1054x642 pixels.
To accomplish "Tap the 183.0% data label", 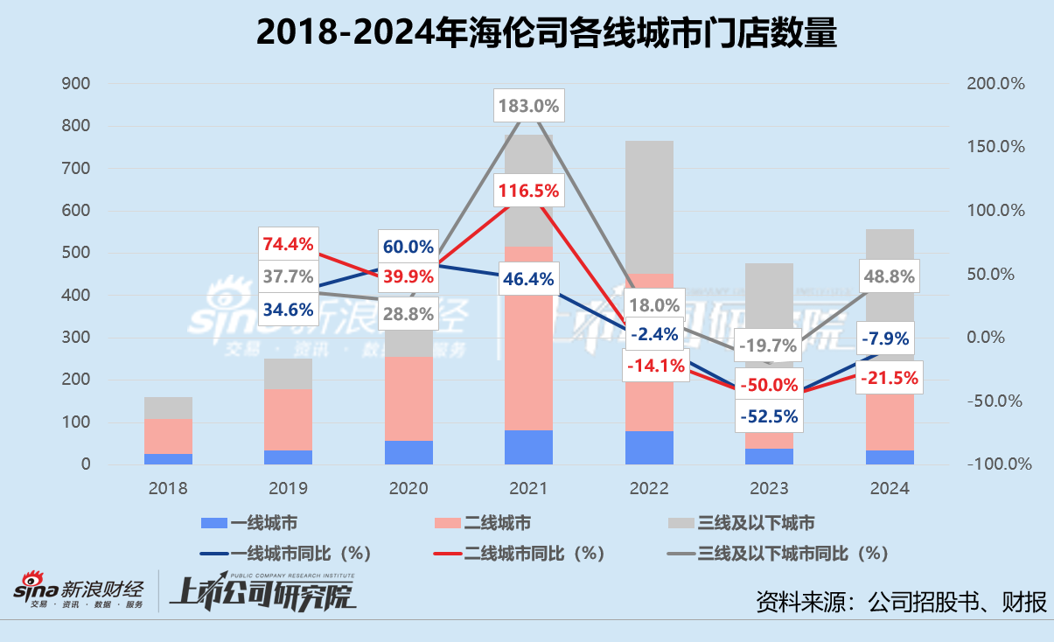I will tap(528, 106).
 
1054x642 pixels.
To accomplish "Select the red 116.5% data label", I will tap(528, 190).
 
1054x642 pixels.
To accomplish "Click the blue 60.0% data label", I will tap(407, 247).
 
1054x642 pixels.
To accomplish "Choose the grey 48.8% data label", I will tap(889, 277).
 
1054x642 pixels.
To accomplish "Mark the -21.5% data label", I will tap(889, 378).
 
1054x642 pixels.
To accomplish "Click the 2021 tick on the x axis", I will tap(528, 488).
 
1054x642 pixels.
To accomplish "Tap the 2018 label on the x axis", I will tap(168, 488).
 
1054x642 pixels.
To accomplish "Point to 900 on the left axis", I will tap(75, 84).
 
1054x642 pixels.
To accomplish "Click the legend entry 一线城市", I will tap(249, 523).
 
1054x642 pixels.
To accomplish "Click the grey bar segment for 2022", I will tap(649, 206).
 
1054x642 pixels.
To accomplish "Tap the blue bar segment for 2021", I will tap(528, 447).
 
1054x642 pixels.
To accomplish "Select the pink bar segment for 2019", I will tap(288, 420).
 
